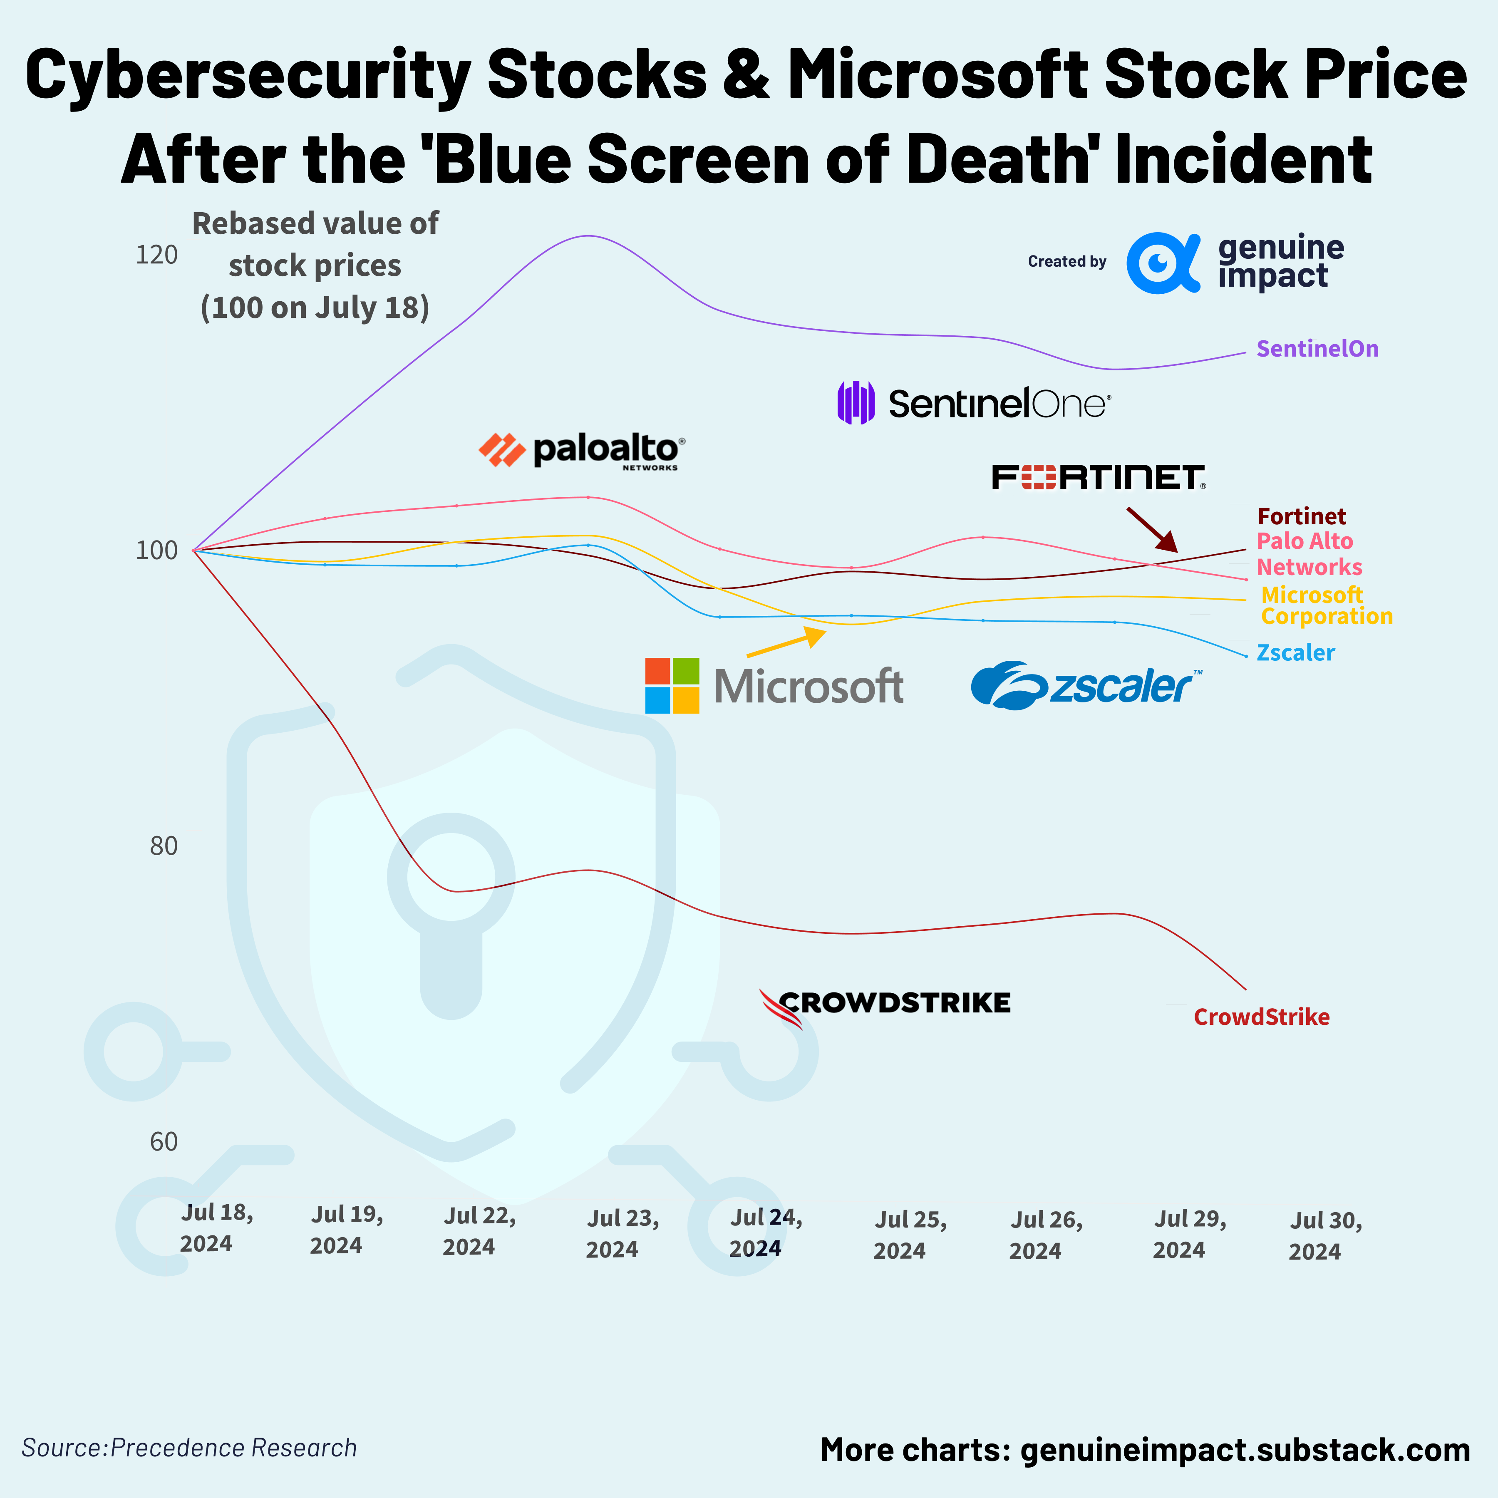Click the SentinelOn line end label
point(1317,349)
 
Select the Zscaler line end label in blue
point(1295,653)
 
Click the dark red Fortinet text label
point(1301,516)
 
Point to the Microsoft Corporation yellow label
point(1326,605)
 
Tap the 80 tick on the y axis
point(164,846)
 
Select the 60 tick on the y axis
point(164,1141)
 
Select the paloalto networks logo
point(582,451)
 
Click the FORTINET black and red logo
point(1099,478)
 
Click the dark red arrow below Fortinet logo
point(1151,529)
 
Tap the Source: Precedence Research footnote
point(189,1448)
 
